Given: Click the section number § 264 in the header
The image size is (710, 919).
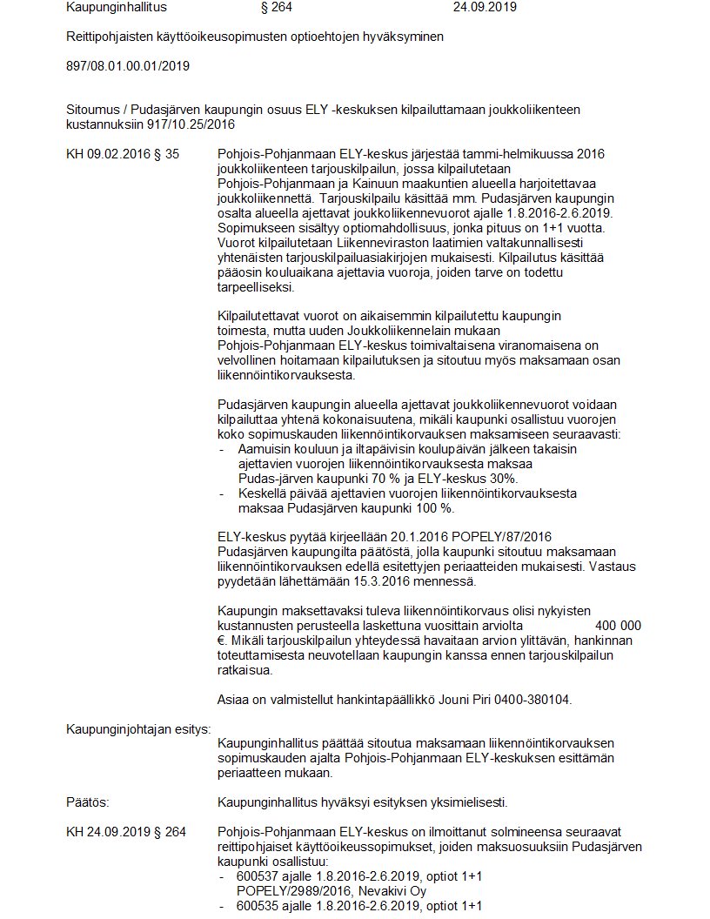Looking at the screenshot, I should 277,8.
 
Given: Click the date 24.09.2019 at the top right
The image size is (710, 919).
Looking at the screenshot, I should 485,8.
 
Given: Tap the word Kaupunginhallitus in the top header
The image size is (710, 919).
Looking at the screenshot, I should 116,8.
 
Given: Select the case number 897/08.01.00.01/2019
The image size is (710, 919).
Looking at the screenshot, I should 128,65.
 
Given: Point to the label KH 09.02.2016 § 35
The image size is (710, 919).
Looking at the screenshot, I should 123,154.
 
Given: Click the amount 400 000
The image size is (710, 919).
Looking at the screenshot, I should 618,626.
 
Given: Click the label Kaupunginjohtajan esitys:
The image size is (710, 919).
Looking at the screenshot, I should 138,728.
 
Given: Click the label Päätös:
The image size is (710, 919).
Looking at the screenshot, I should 87,802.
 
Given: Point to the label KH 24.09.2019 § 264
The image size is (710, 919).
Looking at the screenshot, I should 126,832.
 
